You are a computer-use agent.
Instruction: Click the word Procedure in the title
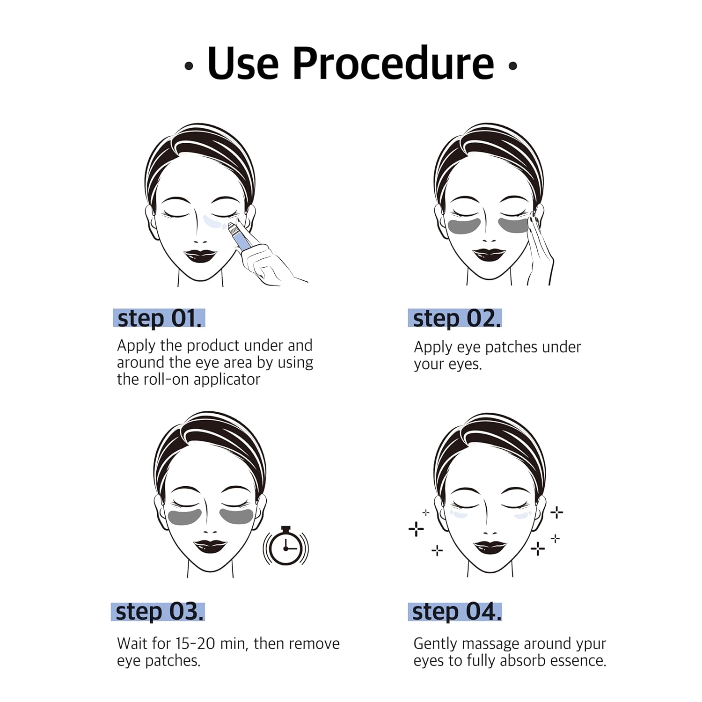tap(393, 64)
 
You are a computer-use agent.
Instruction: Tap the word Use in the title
tap(243, 64)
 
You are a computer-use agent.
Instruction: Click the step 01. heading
tap(159, 319)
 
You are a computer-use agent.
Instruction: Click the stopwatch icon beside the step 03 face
tap(286, 547)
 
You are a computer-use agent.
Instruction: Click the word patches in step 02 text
tap(512, 347)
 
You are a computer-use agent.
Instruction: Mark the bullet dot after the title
tap(512, 66)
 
